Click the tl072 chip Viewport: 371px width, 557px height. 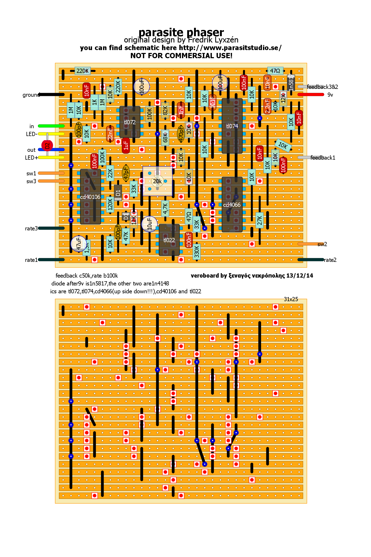pos(130,122)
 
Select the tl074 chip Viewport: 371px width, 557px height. pos(232,126)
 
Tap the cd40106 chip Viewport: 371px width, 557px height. pos(90,197)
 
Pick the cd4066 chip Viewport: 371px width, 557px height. pos(232,204)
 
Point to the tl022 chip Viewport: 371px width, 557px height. pos(169,240)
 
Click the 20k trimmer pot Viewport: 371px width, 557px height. pos(157,181)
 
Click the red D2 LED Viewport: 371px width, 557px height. pos(47,145)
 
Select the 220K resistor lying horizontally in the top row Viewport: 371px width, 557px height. pos(82,71)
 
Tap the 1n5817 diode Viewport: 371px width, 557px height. pos(291,83)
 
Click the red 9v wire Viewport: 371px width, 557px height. pos(311,94)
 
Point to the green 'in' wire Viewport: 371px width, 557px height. pos(51,126)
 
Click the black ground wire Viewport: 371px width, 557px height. pos(51,94)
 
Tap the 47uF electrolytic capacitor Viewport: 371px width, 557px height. pos(78,244)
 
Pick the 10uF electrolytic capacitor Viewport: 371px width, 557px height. pos(149,224)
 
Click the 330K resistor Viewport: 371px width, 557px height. pos(197,252)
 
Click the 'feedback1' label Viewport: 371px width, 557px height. pos(323,158)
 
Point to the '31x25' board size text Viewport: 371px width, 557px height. pos(291,299)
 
